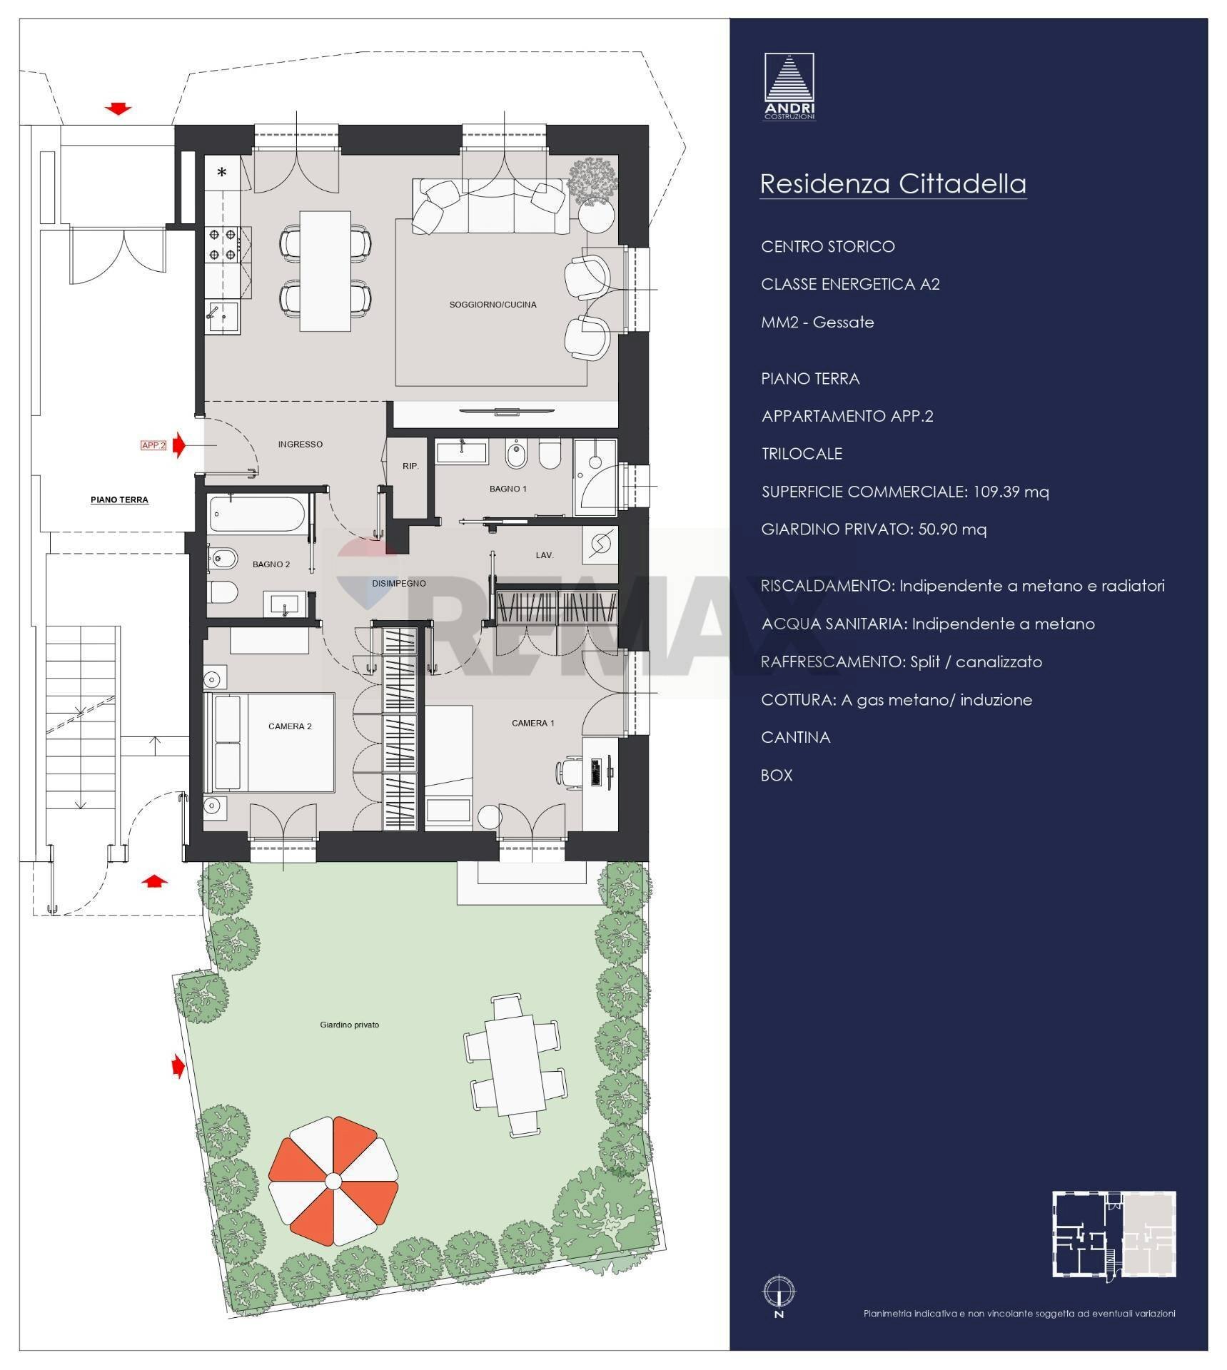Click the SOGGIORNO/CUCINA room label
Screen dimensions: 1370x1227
[493, 305]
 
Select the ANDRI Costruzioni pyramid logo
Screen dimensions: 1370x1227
[789, 86]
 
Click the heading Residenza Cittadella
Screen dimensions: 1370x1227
[892, 183]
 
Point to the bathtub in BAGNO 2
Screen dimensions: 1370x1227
[258, 514]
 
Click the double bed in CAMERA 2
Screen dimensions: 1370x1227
[270, 742]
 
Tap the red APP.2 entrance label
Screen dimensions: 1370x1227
[153, 445]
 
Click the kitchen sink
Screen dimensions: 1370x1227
[222, 316]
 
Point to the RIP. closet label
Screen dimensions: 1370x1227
[410, 466]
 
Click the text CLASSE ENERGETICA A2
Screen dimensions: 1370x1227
[849, 284]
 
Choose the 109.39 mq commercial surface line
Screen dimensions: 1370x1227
[904, 492]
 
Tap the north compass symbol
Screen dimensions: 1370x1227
[779, 1292]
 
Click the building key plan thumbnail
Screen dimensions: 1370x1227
[1114, 1234]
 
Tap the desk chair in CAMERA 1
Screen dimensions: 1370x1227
[568, 772]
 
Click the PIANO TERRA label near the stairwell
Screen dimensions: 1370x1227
[119, 499]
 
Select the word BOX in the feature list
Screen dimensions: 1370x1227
[776, 775]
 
